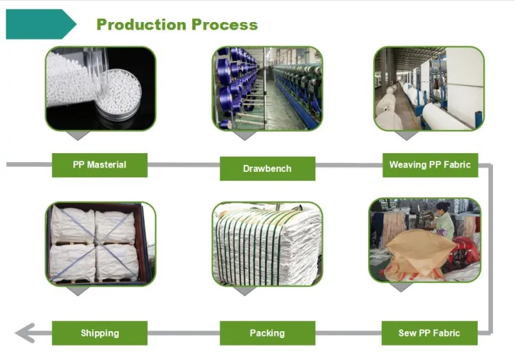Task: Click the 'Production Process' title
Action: coord(177,25)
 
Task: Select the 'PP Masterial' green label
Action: coord(100,165)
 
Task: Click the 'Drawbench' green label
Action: coord(267,168)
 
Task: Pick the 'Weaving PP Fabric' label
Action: coord(430,165)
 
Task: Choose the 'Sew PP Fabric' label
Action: coord(429,333)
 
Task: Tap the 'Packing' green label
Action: coord(267,333)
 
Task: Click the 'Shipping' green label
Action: coord(100,333)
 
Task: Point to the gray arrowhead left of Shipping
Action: coord(25,333)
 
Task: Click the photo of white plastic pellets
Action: coord(101,88)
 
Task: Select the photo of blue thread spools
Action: coord(267,88)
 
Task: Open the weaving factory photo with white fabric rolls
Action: coord(429,88)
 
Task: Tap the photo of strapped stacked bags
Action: coord(267,243)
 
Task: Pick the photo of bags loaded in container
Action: coord(101,243)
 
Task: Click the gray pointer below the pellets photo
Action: coord(79,135)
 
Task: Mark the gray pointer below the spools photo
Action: coord(244,135)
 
